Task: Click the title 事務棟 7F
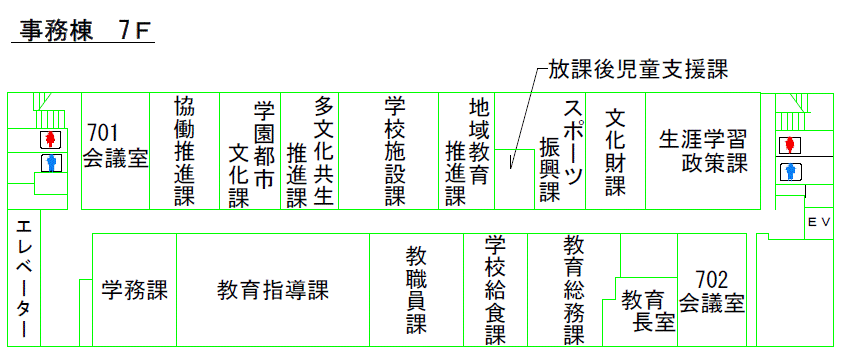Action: click(x=83, y=30)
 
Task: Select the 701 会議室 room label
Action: click(x=115, y=146)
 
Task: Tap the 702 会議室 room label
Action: click(x=711, y=291)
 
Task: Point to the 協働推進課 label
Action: click(x=184, y=150)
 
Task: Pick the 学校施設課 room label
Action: click(x=394, y=150)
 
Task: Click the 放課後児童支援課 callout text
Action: click(x=636, y=69)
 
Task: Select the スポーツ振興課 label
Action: click(x=561, y=150)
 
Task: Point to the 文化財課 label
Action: click(x=615, y=150)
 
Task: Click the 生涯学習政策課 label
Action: click(x=702, y=150)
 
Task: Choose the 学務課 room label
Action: click(x=135, y=291)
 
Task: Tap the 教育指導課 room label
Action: click(x=273, y=291)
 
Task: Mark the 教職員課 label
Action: click(x=416, y=290)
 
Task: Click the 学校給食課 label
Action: click(x=495, y=290)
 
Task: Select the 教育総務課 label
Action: click(x=573, y=290)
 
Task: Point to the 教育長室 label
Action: click(x=642, y=310)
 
